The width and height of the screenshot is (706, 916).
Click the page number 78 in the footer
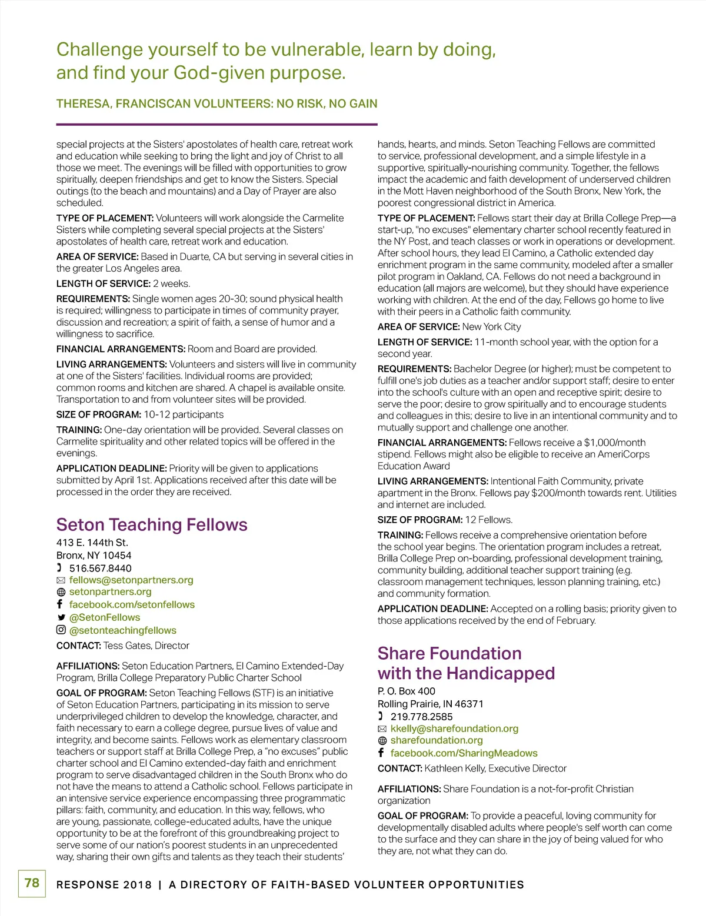(x=32, y=882)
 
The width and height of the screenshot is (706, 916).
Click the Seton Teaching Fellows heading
(x=152, y=524)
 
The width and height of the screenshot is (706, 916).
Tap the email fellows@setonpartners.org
(x=131, y=580)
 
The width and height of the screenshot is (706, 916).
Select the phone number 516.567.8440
(x=100, y=568)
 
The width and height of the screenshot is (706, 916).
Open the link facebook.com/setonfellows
(x=132, y=604)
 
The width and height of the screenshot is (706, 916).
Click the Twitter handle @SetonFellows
(x=105, y=617)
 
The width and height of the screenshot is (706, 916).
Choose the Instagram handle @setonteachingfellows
(x=122, y=630)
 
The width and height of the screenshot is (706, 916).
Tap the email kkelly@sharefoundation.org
(x=454, y=728)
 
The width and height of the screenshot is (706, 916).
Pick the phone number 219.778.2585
(x=421, y=717)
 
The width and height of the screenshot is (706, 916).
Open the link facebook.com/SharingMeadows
(x=464, y=753)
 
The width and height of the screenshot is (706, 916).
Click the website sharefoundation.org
(x=437, y=740)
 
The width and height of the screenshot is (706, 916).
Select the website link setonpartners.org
(x=110, y=591)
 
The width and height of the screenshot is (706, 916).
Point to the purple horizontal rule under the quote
(x=217, y=124)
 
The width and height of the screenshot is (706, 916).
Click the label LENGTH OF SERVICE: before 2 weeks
(x=104, y=283)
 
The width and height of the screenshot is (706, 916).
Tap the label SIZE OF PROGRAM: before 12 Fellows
(x=420, y=520)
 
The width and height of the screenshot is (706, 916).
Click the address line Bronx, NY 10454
(x=94, y=555)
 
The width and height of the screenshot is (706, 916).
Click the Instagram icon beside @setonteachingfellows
(x=61, y=630)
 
